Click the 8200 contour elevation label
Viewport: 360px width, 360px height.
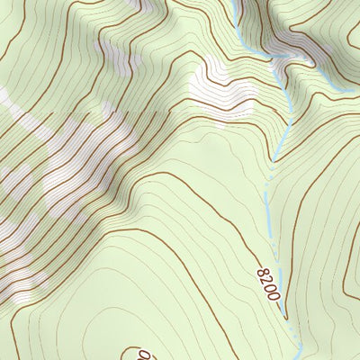(x=267, y=282)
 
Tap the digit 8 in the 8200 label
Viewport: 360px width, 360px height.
(x=262, y=270)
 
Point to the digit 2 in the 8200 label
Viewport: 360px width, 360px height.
(x=265, y=278)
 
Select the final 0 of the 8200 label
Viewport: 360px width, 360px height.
(x=273, y=294)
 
